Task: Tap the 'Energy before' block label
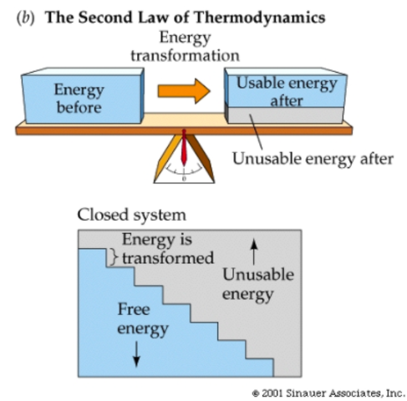click(77, 99)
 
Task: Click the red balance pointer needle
click(186, 150)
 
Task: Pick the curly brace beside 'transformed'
click(111, 258)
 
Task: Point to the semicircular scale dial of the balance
click(186, 167)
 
